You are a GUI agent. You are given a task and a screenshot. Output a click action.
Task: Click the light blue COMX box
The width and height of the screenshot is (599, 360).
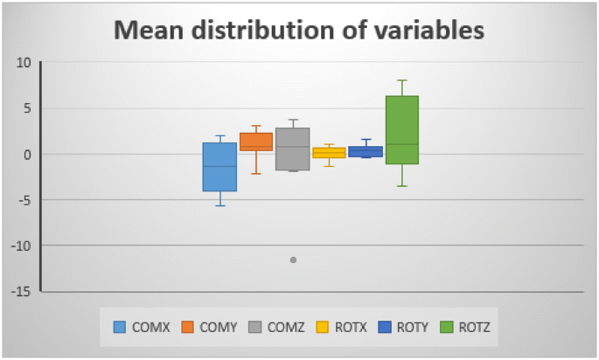click(219, 167)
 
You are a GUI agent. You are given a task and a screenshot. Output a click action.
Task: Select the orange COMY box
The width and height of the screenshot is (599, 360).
click(256, 142)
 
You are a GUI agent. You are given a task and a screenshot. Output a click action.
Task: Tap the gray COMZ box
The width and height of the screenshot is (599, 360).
click(293, 149)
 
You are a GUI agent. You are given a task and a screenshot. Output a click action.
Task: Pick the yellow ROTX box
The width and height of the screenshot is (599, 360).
click(329, 153)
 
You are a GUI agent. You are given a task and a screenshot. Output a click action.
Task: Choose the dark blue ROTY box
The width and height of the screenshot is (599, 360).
click(366, 151)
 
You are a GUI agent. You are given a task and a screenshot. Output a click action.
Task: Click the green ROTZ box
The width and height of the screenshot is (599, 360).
click(402, 129)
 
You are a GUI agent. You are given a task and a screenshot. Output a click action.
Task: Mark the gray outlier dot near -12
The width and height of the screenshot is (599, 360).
click(293, 260)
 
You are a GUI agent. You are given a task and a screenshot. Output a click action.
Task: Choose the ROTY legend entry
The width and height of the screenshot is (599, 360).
click(406, 328)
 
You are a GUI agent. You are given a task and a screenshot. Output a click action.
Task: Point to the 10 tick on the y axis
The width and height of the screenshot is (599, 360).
click(24, 63)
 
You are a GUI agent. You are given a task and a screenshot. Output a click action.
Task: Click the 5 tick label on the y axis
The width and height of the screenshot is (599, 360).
click(27, 108)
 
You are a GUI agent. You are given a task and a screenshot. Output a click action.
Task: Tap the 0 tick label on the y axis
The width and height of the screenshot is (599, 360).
click(27, 155)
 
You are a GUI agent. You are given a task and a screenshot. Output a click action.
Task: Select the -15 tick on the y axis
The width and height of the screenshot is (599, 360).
click(21, 291)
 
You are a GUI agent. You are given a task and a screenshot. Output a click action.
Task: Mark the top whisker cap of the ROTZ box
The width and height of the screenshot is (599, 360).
click(402, 80)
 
